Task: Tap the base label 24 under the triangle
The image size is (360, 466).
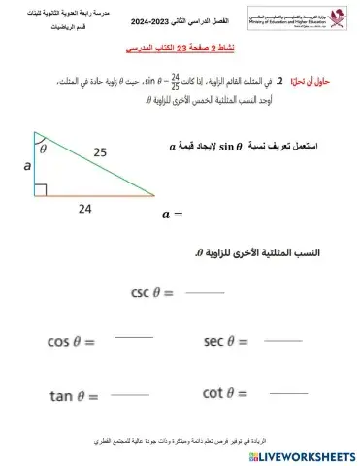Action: [85, 209]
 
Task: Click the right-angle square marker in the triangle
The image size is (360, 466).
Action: [39, 188]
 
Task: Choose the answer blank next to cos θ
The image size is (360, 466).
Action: [133, 338]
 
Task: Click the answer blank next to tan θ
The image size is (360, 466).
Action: [133, 392]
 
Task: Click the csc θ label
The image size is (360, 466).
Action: [153, 291]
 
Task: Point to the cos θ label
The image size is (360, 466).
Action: [73, 341]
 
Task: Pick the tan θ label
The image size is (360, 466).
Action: [74, 395]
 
